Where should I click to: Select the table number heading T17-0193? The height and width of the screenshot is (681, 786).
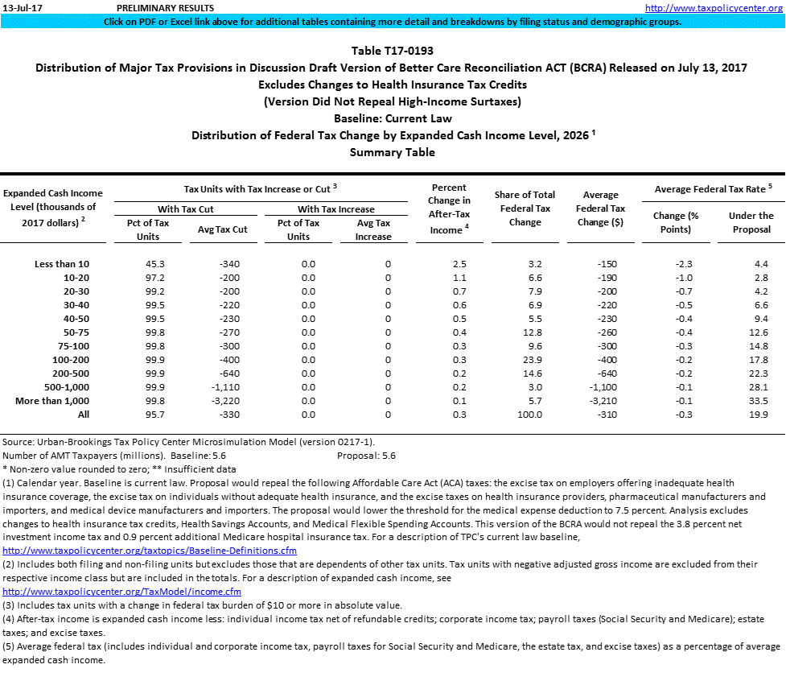tap(392, 51)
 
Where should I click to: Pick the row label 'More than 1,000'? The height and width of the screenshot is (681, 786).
tap(52, 400)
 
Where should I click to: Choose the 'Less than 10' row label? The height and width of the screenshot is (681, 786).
tap(62, 263)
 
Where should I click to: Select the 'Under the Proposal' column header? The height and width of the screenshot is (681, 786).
tap(751, 222)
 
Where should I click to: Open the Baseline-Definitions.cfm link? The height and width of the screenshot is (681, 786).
tap(150, 551)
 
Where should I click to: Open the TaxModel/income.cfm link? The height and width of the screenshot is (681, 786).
tap(122, 592)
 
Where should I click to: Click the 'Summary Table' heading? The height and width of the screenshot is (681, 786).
tap(392, 152)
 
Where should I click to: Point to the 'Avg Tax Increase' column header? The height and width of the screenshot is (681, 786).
tap(372, 229)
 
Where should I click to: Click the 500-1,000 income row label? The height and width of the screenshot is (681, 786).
tap(61, 386)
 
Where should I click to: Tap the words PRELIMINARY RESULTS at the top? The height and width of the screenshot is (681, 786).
tap(154, 7)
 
